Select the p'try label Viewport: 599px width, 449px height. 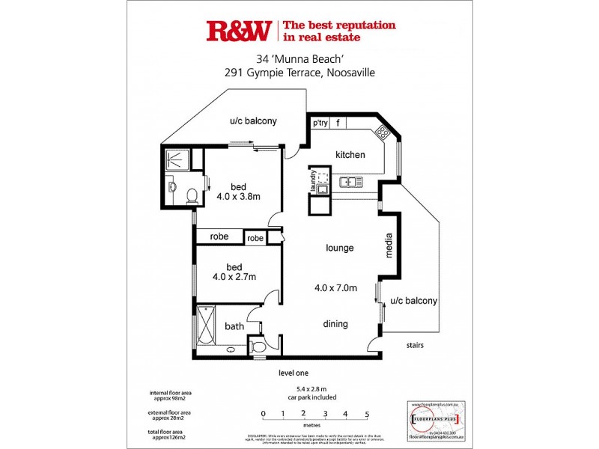[320, 123]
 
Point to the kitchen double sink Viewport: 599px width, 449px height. [350, 182]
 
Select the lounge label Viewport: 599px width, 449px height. [339, 248]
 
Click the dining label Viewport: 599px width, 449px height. [335, 324]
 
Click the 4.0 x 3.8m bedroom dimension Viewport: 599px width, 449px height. [238, 197]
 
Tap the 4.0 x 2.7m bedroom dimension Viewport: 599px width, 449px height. [234, 276]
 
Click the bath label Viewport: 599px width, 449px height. [234, 326]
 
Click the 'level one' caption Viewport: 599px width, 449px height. [293, 373]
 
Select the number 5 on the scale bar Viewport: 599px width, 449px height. [367, 413]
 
